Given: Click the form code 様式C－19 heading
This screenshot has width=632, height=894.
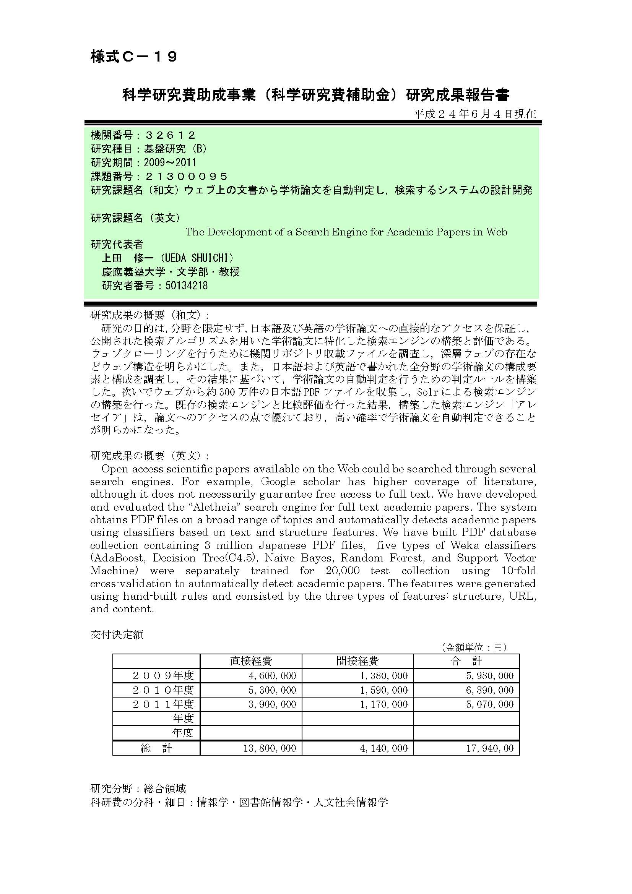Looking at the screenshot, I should pyautogui.click(x=134, y=57).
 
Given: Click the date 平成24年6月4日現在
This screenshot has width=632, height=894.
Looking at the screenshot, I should pyautogui.click(x=475, y=114).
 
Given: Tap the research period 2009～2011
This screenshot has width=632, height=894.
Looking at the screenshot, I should pyautogui.click(x=170, y=162).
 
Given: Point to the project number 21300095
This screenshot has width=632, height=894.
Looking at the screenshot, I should pyautogui.click(x=186, y=176).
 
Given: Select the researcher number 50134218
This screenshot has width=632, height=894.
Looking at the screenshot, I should pyautogui.click(x=187, y=286).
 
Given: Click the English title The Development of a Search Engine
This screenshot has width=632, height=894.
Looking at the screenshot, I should pyautogui.click(x=346, y=232).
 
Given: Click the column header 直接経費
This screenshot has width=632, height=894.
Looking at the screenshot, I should pyautogui.click(x=251, y=661).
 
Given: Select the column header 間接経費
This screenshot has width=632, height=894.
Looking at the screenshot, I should pyautogui.click(x=357, y=661).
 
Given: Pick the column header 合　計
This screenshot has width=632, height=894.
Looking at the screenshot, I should pyautogui.click(x=466, y=661).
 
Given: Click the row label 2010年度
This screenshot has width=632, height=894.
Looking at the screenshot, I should pyautogui.click(x=163, y=690).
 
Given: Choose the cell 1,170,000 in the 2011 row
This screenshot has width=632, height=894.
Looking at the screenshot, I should pyautogui.click(x=383, y=704).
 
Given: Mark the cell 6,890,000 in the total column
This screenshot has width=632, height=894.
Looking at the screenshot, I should pyautogui.click(x=490, y=690).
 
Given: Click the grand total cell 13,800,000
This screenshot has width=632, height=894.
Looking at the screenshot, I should pyautogui.click(x=270, y=748).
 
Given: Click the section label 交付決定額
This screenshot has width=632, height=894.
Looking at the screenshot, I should pyautogui.click(x=117, y=635).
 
